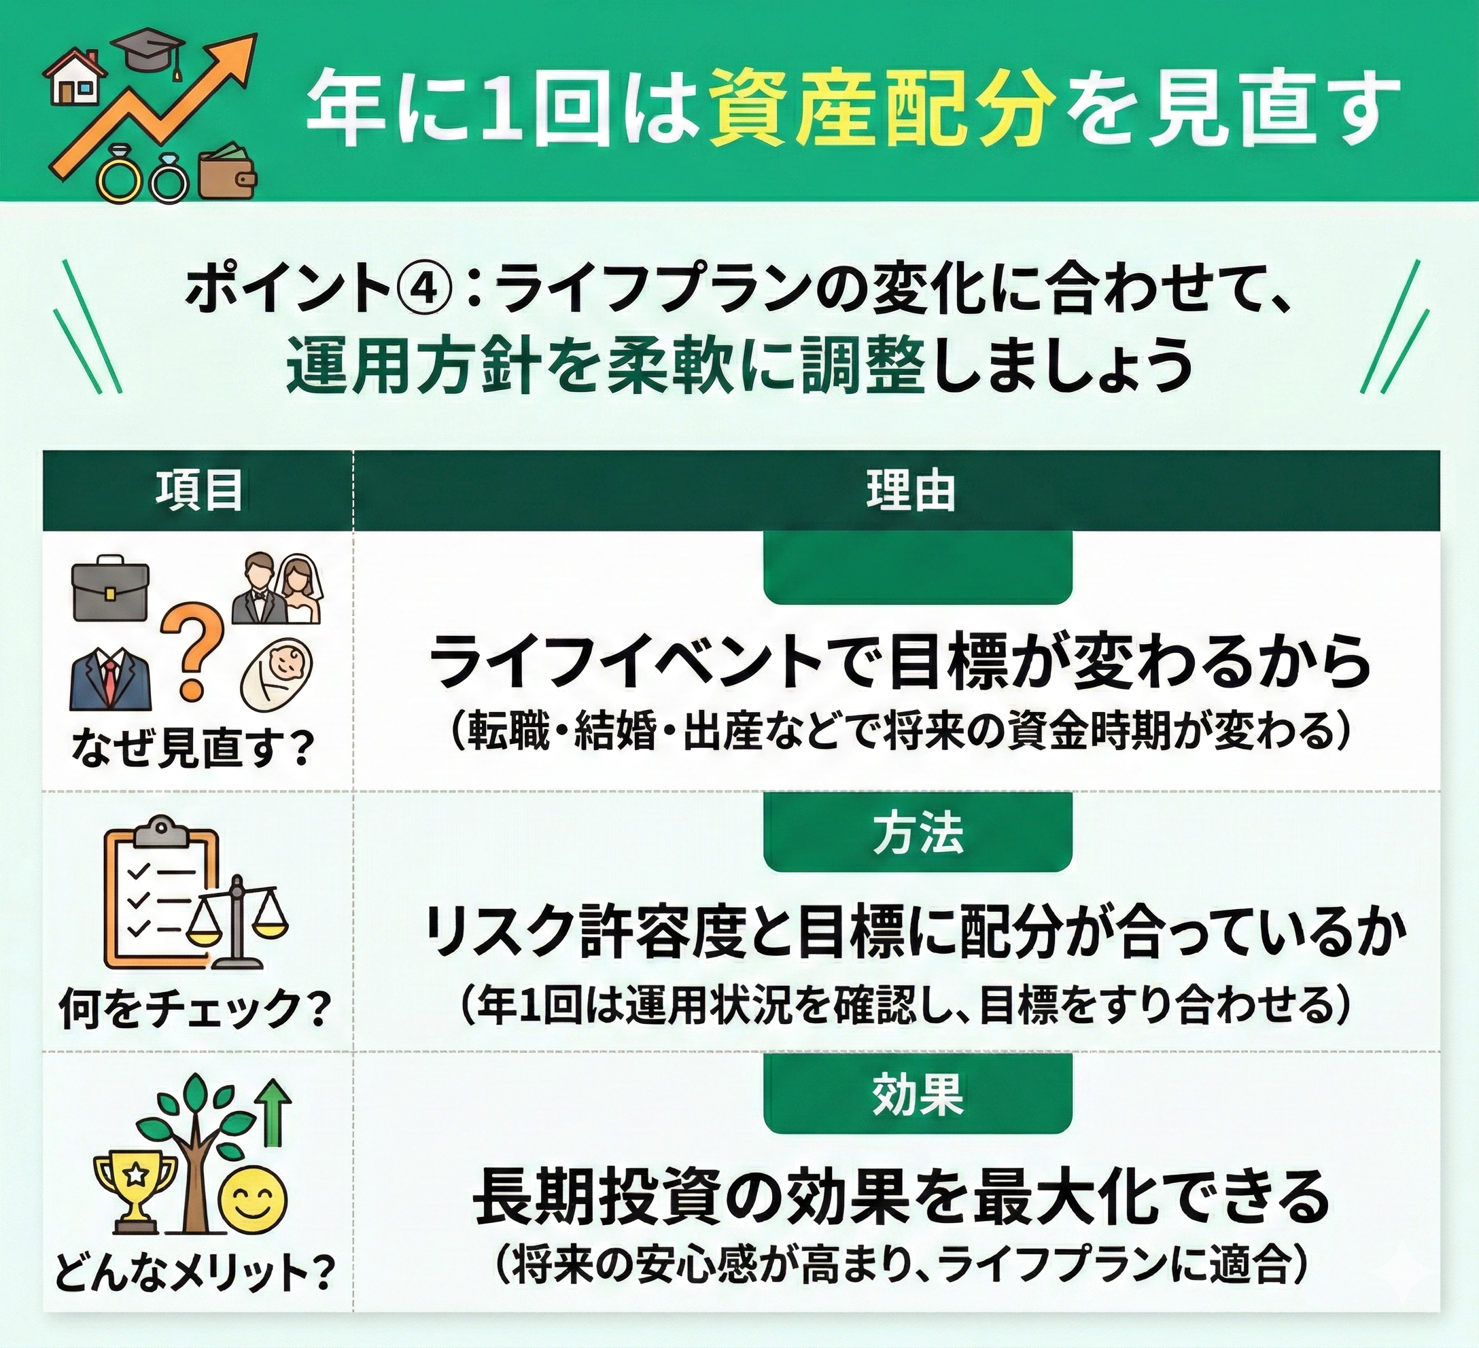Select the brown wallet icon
coord(228,173)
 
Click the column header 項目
coord(198,491)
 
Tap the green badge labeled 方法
coord(918,834)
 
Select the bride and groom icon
coord(277,589)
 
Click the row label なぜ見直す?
coord(192,749)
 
